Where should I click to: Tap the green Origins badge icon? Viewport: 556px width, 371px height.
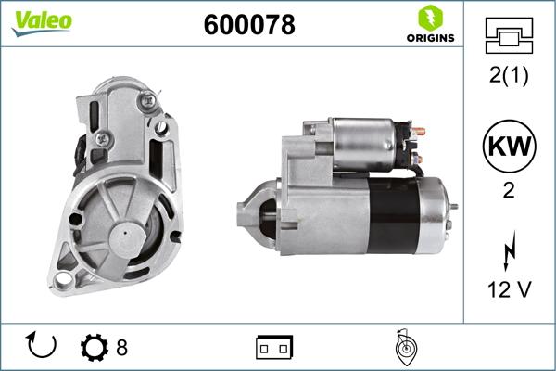point(428,18)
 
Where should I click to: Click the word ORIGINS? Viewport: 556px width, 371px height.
point(428,38)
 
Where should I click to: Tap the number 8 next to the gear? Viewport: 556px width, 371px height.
point(120,348)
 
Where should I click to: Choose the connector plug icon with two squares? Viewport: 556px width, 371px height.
point(274,347)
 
